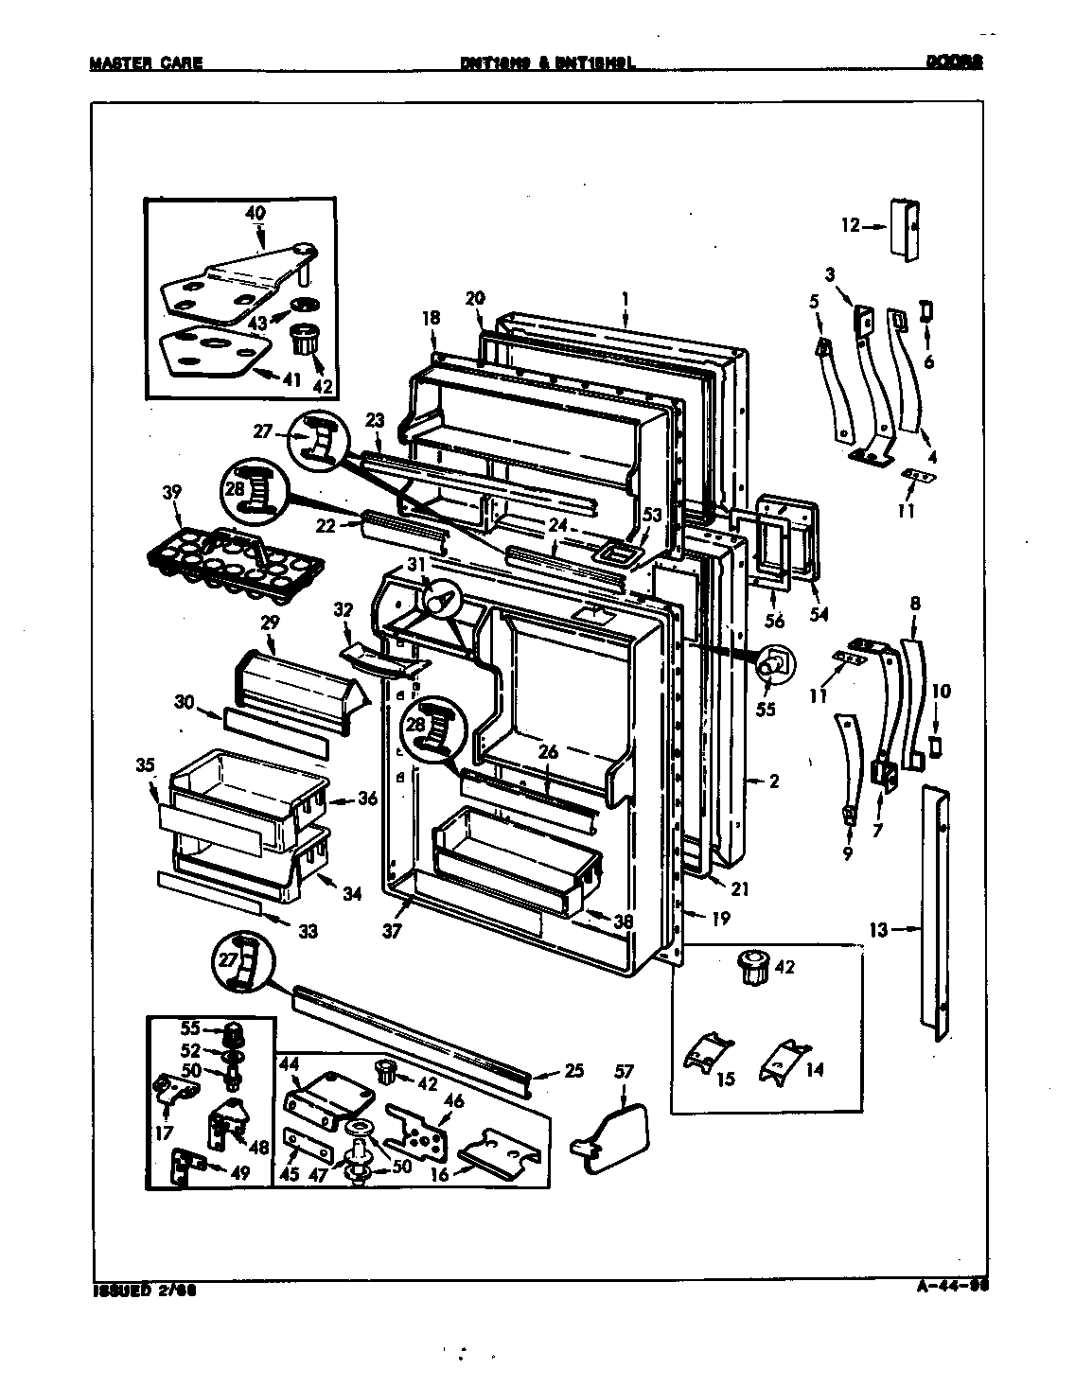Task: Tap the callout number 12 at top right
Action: point(849,225)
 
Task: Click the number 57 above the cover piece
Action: point(624,1071)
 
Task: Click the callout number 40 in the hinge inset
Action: point(256,214)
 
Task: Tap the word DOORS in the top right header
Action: point(954,61)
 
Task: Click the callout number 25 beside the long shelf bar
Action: point(573,1072)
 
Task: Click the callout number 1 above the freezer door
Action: point(626,298)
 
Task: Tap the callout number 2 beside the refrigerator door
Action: point(773,781)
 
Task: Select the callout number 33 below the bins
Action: point(308,931)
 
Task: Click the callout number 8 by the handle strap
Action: point(915,603)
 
